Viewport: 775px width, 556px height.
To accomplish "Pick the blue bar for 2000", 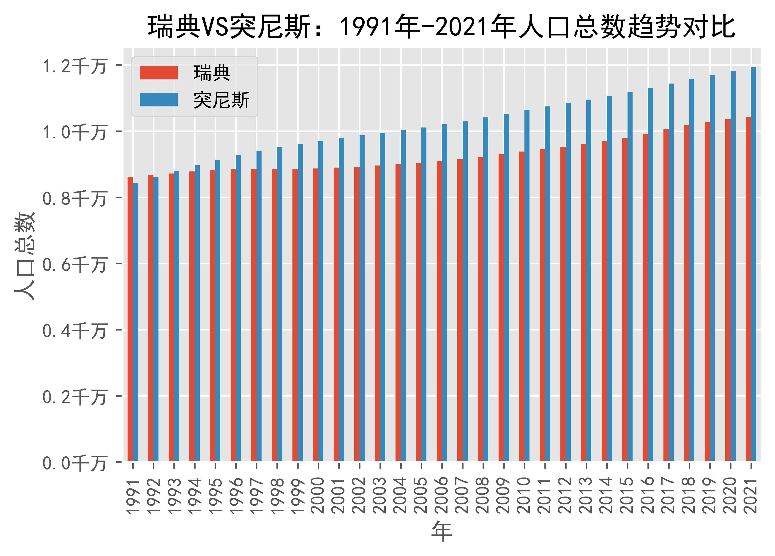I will point(321,301).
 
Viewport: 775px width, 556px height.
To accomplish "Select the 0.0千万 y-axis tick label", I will point(74,464).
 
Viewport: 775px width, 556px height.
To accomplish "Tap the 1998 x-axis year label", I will point(277,495).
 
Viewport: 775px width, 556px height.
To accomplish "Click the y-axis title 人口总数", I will point(25,256).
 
